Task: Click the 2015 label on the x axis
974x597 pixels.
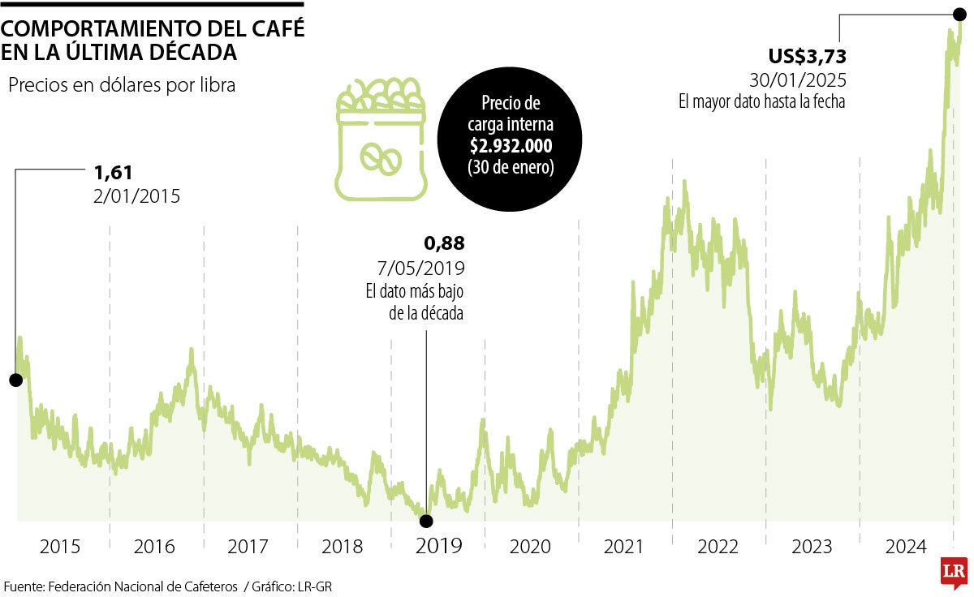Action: pyautogui.click(x=60, y=547)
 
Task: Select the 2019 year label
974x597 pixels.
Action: pyautogui.click(x=438, y=546)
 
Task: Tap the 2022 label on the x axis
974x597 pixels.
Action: pyautogui.click(x=719, y=547)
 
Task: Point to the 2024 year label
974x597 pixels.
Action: pyautogui.click(x=907, y=547)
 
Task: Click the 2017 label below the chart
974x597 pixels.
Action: pyautogui.click(x=248, y=547)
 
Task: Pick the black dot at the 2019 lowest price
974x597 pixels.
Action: pyautogui.click(x=426, y=521)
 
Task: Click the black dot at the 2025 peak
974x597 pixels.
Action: pyautogui.click(x=959, y=14)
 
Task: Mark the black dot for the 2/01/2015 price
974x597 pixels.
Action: pyautogui.click(x=15, y=380)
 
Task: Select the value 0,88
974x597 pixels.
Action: pyautogui.click(x=444, y=243)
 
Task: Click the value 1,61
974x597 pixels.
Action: pyautogui.click(x=113, y=172)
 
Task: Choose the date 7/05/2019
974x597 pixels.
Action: pyautogui.click(x=420, y=268)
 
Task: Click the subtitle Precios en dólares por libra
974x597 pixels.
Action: pyautogui.click(x=122, y=85)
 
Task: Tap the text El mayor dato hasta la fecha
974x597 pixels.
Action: pyautogui.click(x=762, y=102)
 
